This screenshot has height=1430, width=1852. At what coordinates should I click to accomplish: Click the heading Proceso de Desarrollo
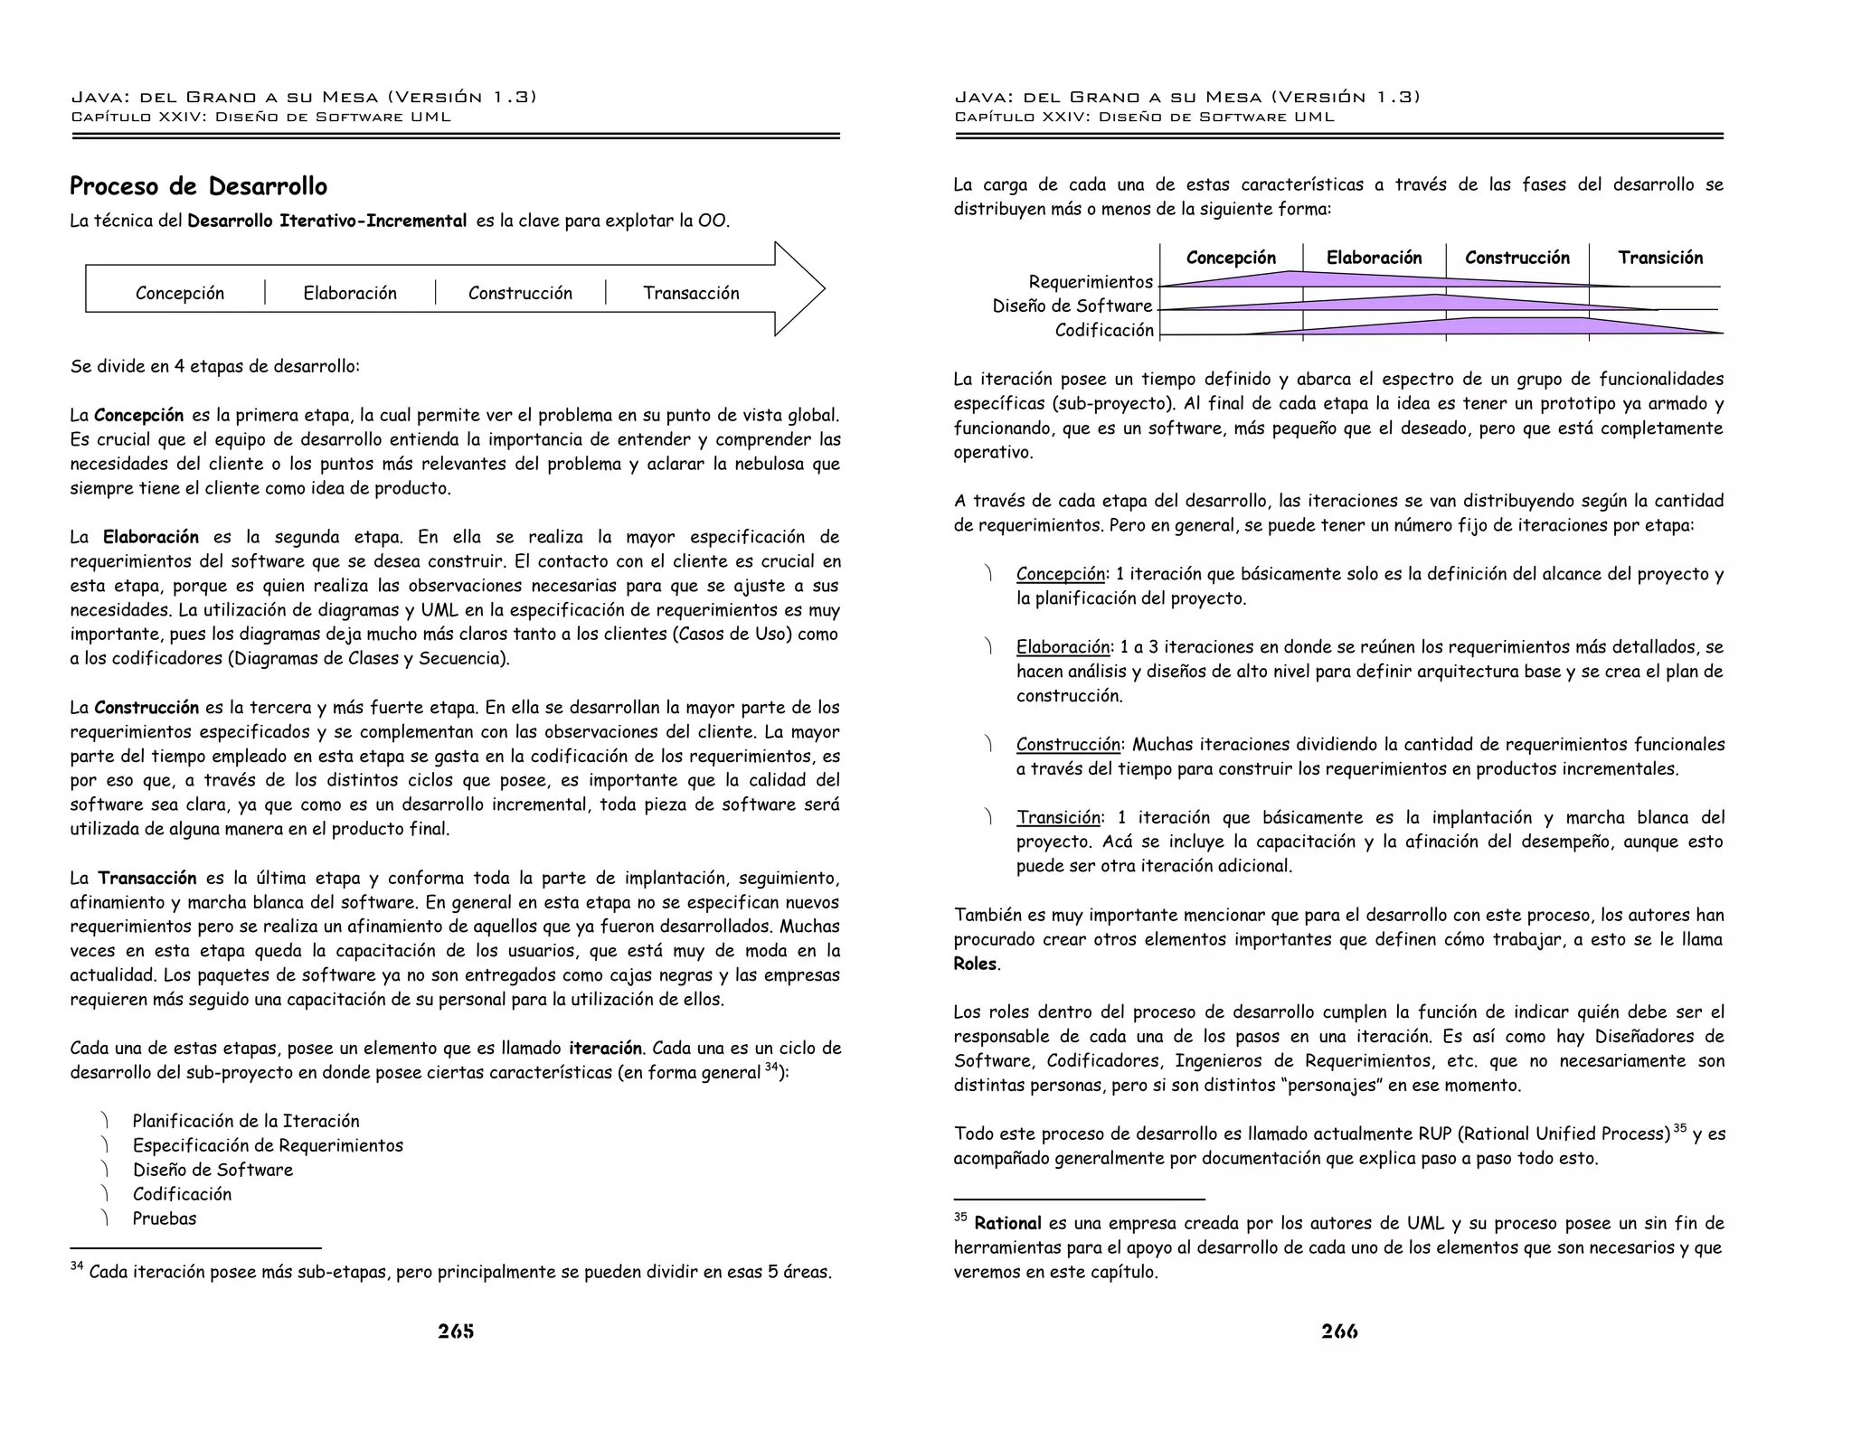pyautogui.click(x=198, y=187)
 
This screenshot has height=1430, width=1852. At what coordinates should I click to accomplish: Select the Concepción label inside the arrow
pyautogui.click(x=179, y=293)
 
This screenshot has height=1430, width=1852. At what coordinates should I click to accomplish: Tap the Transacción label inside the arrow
pyautogui.click(x=691, y=293)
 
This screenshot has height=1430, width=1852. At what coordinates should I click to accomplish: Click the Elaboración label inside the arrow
pyautogui.click(x=350, y=293)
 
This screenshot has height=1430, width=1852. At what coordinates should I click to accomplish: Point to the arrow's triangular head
pyautogui.click(x=799, y=289)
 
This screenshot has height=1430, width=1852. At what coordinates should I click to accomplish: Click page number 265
pyautogui.click(x=456, y=1331)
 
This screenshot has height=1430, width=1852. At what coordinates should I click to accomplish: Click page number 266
pyautogui.click(x=1339, y=1331)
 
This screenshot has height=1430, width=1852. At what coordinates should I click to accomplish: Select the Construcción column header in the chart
pyautogui.click(x=1517, y=258)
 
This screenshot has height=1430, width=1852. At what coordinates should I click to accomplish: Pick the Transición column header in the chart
pyautogui.click(x=1660, y=258)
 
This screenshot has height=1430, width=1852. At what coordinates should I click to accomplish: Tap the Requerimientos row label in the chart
pyautogui.click(x=1091, y=282)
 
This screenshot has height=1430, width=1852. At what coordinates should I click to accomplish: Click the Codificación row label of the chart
pyautogui.click(x=1104, y=331)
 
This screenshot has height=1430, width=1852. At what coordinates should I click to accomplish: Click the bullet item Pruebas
pyautogui.click(x=164, y=1218)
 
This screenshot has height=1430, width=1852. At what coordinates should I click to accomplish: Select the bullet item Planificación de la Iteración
pyautogui.click(x=246, y=1121)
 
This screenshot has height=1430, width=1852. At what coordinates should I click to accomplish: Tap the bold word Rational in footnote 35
pyautogui.click(x=1007, y=1224)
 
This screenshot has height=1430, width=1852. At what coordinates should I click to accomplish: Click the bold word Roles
pyautogui.click(x=975, y=964)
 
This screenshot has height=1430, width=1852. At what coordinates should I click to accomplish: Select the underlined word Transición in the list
pyautogui.click(x=1059, y=818)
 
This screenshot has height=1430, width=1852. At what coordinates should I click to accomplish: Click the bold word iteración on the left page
pyautogui.click(x=605, y=1049)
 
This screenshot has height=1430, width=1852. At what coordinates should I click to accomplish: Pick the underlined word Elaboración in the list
pyautogui.click(x=1063, y=647)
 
